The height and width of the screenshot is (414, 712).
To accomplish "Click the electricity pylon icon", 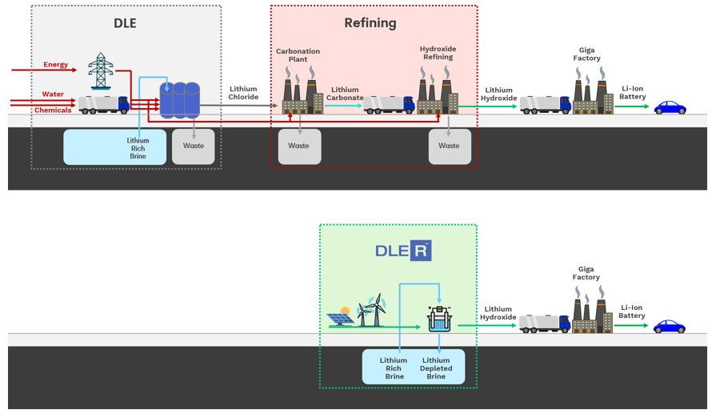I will point(101,70).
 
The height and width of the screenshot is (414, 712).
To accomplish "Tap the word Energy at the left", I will point(56,65).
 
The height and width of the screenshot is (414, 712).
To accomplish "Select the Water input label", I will point(54,94).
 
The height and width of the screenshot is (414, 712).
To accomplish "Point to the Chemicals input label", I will point(53,111).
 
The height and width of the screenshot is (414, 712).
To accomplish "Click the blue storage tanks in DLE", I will point(180,101).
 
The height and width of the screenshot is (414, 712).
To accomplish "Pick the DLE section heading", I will point(126,23).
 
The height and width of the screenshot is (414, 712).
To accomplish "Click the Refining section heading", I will point(370,23).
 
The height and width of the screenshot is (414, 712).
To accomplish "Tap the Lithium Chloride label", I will point(243,93).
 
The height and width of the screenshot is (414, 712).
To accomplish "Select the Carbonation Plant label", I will point(298,55).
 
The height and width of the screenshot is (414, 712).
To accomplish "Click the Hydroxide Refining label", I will point(438,54).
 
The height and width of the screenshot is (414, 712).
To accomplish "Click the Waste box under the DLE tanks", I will point(194,146).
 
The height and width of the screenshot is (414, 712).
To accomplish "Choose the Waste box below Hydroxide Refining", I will point(449,146).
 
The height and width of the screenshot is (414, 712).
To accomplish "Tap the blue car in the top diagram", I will point(670,108).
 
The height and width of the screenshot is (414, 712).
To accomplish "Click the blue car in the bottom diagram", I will point(670,327).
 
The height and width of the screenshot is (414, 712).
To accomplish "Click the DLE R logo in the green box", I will point(403,251).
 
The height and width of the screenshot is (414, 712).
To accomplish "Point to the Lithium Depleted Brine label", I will point(436,368).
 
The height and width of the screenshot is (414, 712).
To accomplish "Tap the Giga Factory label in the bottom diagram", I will point(586,273).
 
